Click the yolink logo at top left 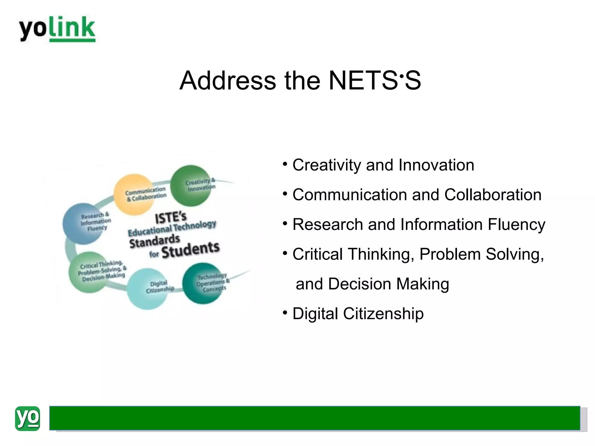pyautogui.click(x=57, y=29)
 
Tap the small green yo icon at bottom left pyautogui.click(x=27, y=418)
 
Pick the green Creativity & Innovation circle pyautogui.click(x=191, y=186)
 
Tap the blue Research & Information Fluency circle pyautogui.click(x=83, y=224)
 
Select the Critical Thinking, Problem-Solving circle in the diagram pyautogui.click(x=89, y=272)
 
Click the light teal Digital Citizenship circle pyautogui.click(x=148, y=289)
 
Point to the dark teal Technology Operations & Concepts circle pyautogui.click(x=203, y=283)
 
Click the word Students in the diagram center pyautogui.click(x=190, y=250)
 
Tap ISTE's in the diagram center pyautogui.click(x=171, y=218)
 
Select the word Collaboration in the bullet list pyautogui.click(x=493, y=195)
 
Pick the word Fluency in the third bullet pyautogui.click(x=516, y=225)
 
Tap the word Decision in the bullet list pyautogui.click(x=359, y=284)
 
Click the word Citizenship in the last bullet pyautogui.click(x=383, y=314)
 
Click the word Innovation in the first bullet pyautogui.click(x=436, y=165)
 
